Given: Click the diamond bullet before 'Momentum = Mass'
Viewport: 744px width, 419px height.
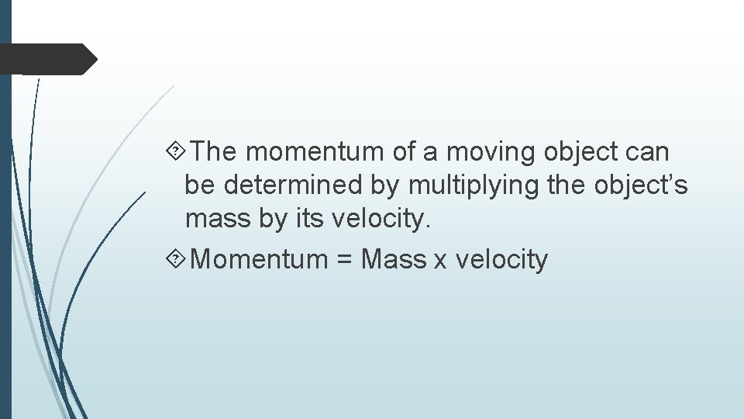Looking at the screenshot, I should [176, 258].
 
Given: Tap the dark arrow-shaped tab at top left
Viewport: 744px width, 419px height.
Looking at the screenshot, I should [46, 59].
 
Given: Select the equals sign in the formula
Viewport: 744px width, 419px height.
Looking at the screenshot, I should [345, 260].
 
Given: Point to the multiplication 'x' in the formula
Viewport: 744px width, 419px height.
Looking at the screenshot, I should [440, 261].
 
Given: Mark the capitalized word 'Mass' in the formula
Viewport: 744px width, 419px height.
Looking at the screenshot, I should [394, 259].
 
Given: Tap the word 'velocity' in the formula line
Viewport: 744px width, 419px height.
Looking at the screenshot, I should [501, 260].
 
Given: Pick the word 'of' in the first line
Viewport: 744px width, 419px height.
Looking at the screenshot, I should [405, 152].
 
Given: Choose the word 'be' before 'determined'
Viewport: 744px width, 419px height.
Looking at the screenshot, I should [197, 186].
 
